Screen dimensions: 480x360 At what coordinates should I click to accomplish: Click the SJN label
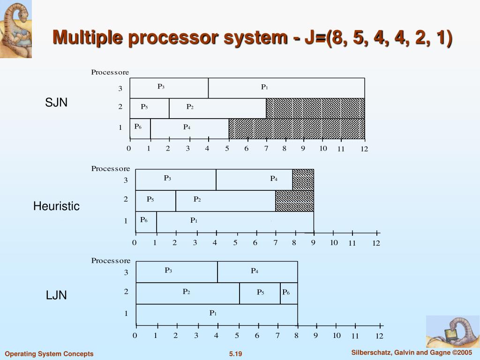click(x=56, y=103)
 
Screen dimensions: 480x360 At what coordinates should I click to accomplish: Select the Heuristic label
click(x=56, y=206)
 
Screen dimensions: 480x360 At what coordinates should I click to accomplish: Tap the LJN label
click(x=56, y=295)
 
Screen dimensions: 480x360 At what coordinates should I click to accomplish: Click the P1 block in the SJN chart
click(x=286, y=88)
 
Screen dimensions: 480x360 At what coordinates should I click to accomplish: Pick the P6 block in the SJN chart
click(x=140, y=128)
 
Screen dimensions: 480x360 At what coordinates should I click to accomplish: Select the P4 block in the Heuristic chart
click(x=254, y=180)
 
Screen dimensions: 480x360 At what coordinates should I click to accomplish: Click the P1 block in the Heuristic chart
click(x=234, y=221)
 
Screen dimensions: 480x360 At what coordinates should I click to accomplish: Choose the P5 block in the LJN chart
click(x=260, y=293)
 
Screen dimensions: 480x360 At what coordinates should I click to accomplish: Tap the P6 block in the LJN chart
click(x=289, y=293)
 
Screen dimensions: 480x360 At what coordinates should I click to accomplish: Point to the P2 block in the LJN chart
click(x=187, y=293)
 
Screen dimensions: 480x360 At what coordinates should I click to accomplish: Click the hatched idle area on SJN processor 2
click(x=315, y=108)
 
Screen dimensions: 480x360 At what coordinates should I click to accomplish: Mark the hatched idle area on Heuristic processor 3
click(x=303, y=180)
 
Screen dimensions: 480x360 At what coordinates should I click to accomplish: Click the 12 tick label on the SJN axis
click(x=364, y=149)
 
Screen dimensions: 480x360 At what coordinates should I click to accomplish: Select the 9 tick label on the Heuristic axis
click(x=313, y=242)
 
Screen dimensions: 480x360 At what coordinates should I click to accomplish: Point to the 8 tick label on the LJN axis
click(x=296, y=335)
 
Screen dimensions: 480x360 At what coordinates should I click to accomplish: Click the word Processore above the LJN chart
click(x=111, y=261)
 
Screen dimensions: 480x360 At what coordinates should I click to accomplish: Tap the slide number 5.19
click(x=235, y=354)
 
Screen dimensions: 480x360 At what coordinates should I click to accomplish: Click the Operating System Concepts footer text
click(x=49, y=354)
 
